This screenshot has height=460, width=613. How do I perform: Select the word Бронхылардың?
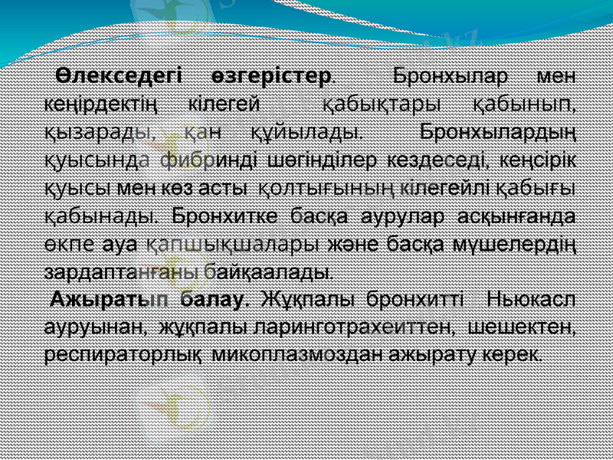(x=499, y=131)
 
